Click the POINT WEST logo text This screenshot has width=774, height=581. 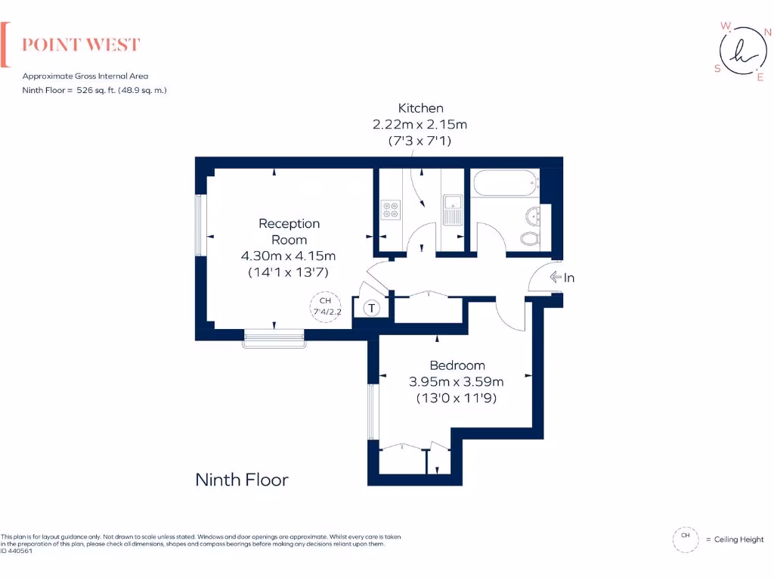point(81,45)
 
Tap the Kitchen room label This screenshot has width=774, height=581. point(421,108)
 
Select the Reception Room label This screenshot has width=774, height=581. point(289,231)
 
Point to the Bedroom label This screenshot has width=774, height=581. point(457,365)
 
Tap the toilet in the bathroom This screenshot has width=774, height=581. point(530,239)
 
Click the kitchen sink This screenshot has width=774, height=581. point(453,210)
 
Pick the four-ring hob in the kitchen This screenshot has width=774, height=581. point(391,210)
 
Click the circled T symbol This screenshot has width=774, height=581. point(372,308)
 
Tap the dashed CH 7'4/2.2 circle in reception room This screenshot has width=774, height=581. point(326,306)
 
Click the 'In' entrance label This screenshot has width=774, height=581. point(569,278)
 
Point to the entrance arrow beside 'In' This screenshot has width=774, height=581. point(555,278)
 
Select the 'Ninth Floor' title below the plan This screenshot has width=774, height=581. point(242,480)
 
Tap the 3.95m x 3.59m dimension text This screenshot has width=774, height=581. point(457,381)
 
